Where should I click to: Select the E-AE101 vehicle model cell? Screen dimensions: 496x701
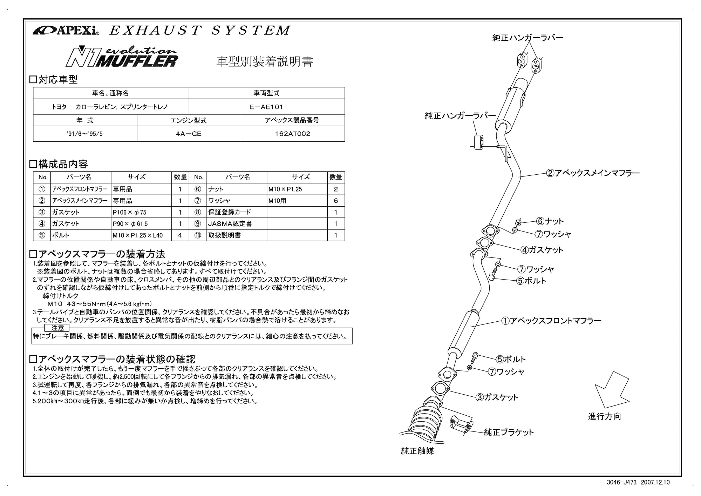point(266,107)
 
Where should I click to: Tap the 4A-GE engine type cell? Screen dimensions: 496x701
point(189,134)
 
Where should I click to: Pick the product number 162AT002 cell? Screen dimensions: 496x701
point(293,134)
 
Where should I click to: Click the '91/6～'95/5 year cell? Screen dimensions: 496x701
point(85,134)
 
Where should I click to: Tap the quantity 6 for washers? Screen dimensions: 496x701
point(336,201)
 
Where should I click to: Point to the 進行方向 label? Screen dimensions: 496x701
point(604,416)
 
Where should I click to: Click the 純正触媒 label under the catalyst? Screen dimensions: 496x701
point(417,451)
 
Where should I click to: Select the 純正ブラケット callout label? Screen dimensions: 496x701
point(509,433)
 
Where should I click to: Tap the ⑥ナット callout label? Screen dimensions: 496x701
point(550,221)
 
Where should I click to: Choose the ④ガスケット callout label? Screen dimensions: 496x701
point(542,250)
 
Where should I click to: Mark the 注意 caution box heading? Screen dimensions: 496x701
point(57,328)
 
